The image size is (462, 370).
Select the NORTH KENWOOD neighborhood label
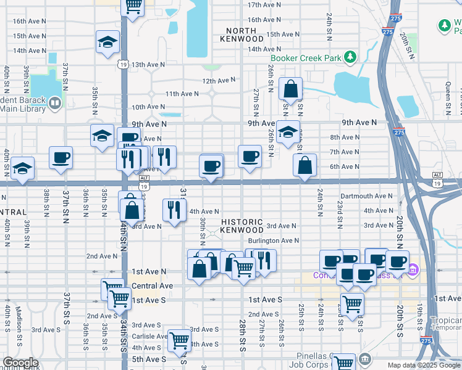[x=245, y=35]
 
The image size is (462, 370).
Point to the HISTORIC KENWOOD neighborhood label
[x=241, y=226]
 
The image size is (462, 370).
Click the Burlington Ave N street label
[x=273, y=240]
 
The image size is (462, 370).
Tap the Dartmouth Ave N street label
[x=365, y=196]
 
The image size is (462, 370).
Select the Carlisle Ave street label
[x=149, y=336]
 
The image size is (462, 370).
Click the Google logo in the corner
[x=20, y=363]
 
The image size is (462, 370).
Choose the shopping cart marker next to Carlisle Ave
[x=179, y=340]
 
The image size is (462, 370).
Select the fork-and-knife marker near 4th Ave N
[x=174, y=210]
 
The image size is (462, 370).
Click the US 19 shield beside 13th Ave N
[x=124, y=64]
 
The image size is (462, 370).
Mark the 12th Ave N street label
[x=219, y=80]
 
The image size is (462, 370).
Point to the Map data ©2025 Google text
[x=423, y=364]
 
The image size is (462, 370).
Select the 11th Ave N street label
[x=182, y=94]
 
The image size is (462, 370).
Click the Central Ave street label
[x=152, y=286]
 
